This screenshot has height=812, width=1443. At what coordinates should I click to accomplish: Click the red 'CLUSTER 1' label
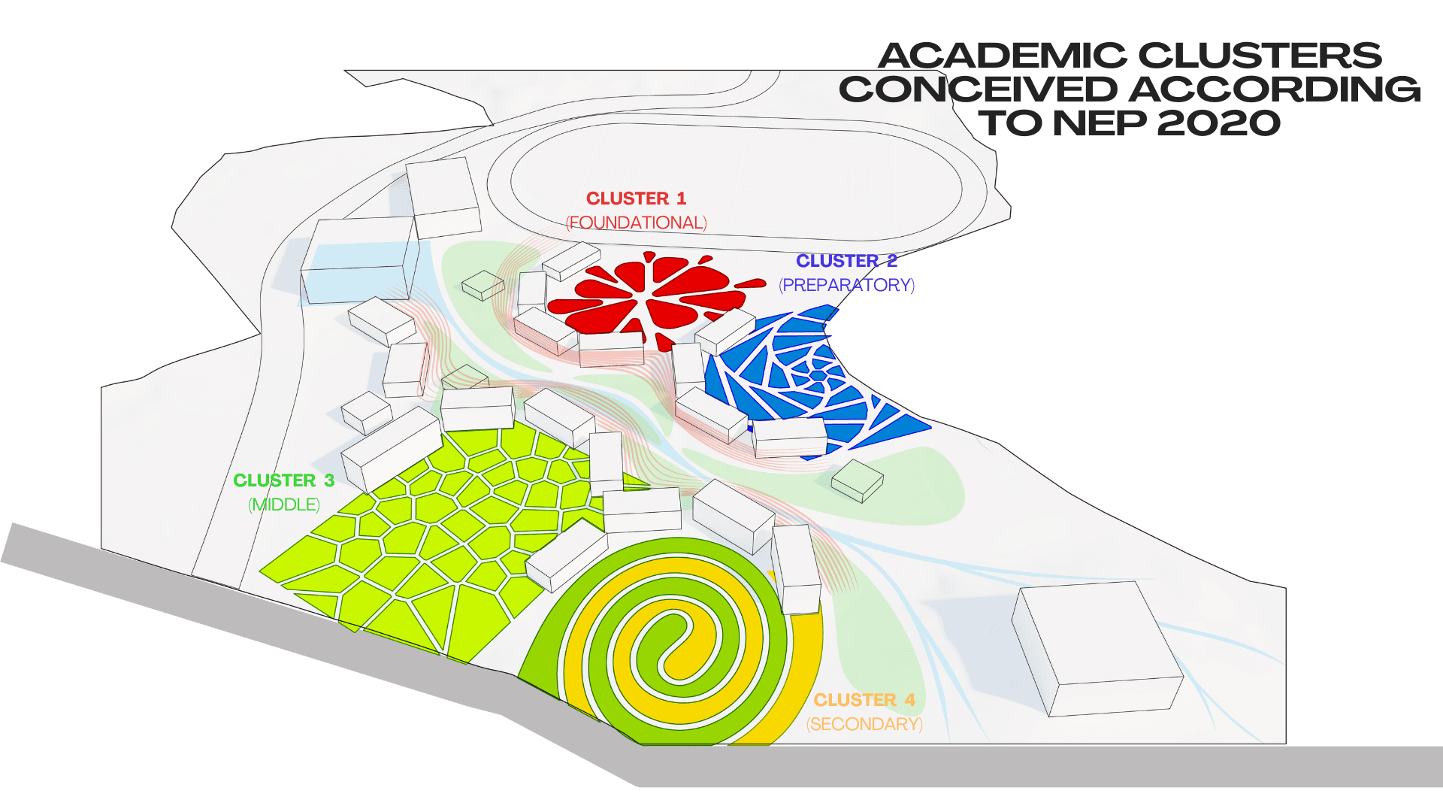pyautogui.click(x=636, y=198)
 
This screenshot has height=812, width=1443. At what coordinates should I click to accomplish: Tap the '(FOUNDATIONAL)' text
pyautogui.click(x=636, y=223)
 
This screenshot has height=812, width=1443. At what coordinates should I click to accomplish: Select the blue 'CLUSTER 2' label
pyautogui.click(x=846, y=261)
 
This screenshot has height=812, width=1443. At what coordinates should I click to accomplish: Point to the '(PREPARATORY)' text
pyautogui.click(x=846, y=285)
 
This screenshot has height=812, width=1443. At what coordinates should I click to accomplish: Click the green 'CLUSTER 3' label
pyautogui.click(x=283, y=480)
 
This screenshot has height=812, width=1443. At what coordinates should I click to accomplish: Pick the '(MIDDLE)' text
pyautogui.click(x=283, y=504)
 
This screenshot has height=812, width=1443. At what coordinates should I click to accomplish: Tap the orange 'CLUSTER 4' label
pyautogui.click(x=864, y=700)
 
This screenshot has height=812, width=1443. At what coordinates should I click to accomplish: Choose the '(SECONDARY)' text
pyautogui.click(x=864, y=724)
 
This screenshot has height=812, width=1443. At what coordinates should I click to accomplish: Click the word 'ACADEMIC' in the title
pyautogui.click(x=1002, y=56)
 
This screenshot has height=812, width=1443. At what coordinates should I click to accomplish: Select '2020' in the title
pyautogui.click(x=1218, y=123)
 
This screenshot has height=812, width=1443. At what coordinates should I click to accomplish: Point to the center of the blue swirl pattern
pyautogui.click(x=817, y=374)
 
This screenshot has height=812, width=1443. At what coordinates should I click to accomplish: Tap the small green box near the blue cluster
pyautogui.click(x=858, y=480)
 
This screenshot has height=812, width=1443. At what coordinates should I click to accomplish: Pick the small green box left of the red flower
pyautogui.click(x=483, y=284)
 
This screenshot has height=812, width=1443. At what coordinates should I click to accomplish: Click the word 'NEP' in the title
pyautogui.click(x=1100, y=123)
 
